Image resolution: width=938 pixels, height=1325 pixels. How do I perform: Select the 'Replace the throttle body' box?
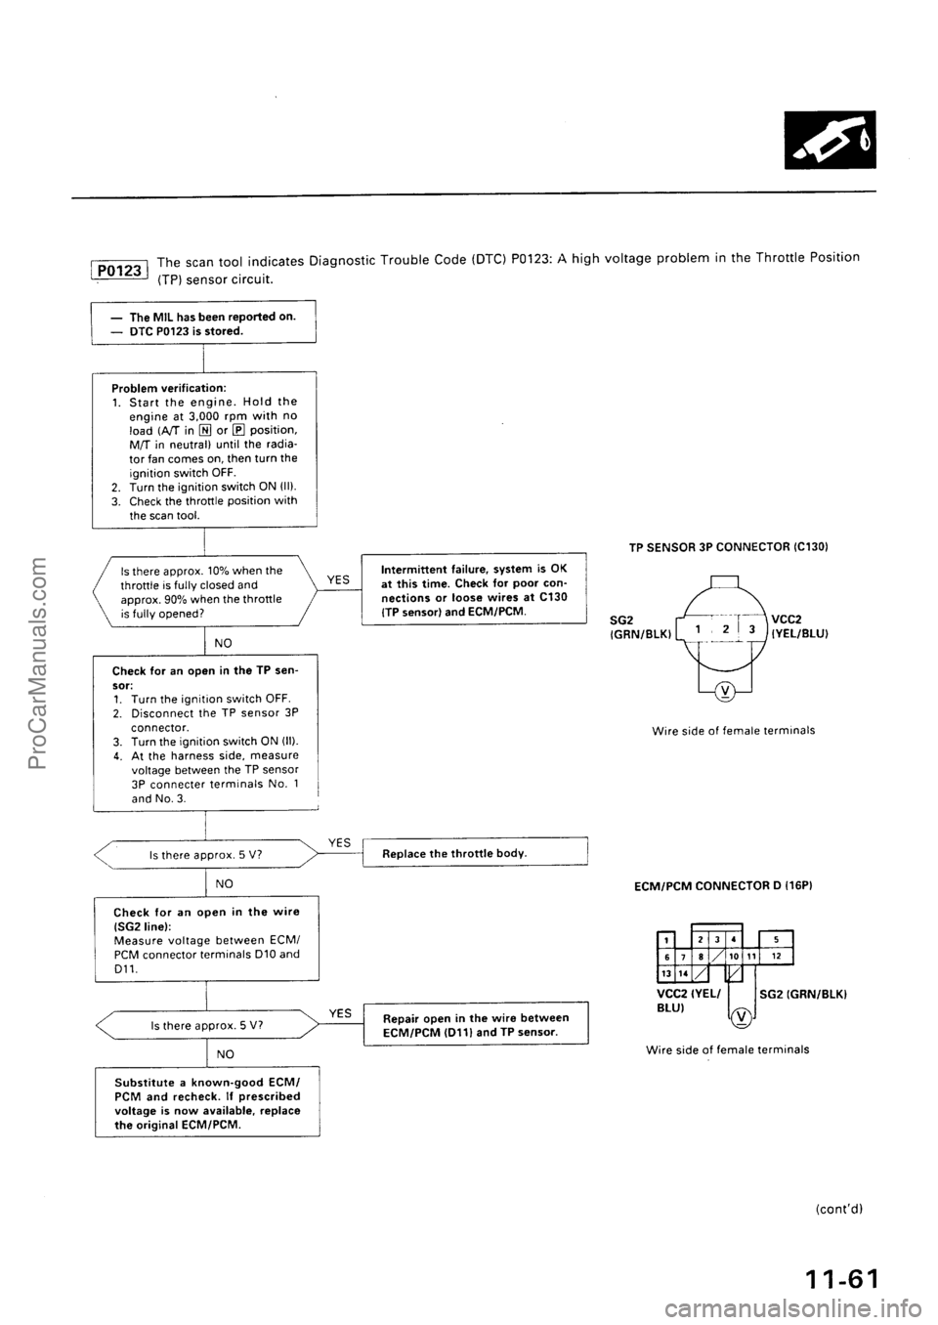click(x=474, y=852)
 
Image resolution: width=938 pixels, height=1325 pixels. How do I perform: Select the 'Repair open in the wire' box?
click(x=474, y=1025)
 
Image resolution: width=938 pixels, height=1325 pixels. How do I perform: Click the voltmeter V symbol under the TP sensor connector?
click(x=723, y=694)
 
